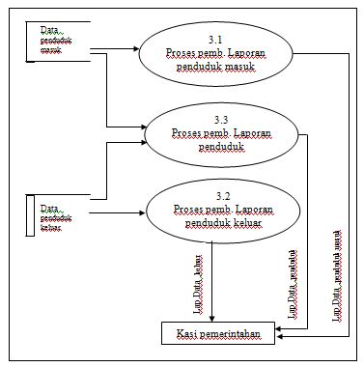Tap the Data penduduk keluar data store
(x=55, y=216)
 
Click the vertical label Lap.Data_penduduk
(x=294, y=280)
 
